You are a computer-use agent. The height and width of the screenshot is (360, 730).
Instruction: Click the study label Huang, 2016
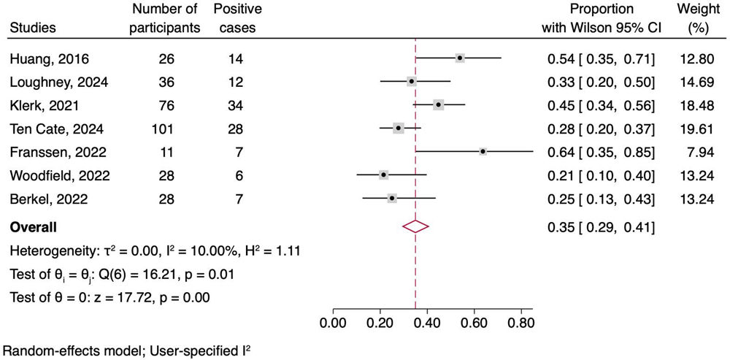click(49, 58)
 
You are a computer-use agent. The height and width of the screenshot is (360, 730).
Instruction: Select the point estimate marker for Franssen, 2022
click(483, 151)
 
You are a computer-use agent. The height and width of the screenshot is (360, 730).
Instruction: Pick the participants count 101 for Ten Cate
click(164, 129)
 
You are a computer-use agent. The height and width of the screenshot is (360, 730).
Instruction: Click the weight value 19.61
click(699, 129)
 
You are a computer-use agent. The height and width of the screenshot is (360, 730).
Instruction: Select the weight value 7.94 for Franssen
click(702, 152)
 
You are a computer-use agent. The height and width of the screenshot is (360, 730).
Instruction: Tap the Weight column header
click(699, 18)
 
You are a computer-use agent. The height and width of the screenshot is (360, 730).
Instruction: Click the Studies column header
click(33, 28)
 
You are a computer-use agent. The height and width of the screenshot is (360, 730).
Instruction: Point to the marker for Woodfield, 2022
click(383, 175)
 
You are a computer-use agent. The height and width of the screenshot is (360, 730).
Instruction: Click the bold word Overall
click(33, 229)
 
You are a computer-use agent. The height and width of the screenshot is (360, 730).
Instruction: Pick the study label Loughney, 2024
click(58, 82)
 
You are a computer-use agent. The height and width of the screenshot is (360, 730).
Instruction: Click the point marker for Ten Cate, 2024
click(399, 128)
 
